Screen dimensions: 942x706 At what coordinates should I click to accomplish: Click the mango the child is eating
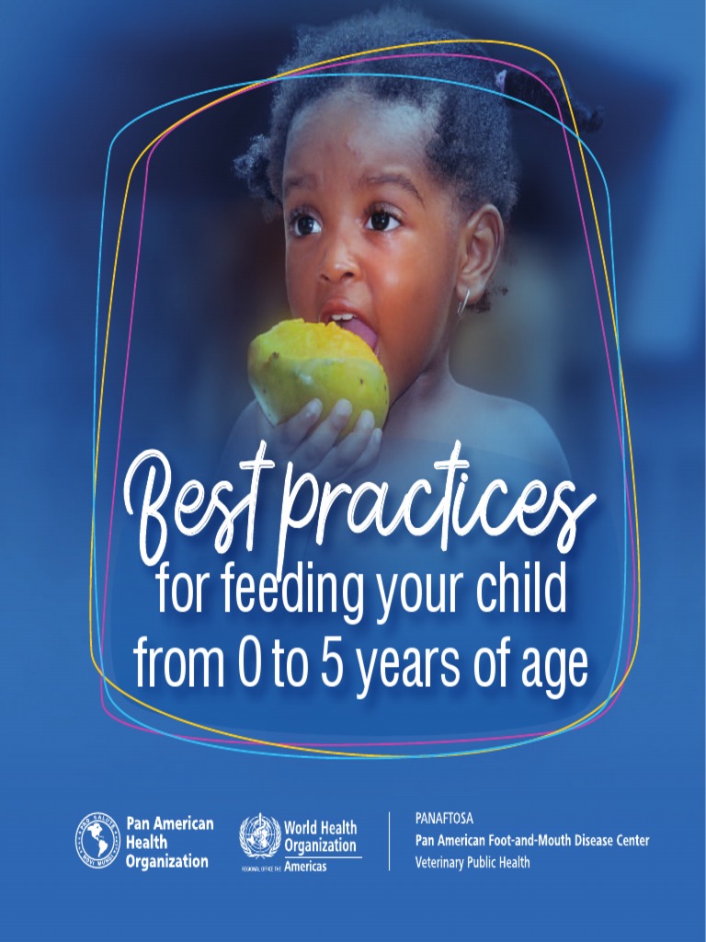[318, 369]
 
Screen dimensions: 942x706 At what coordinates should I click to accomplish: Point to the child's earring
[464, 300]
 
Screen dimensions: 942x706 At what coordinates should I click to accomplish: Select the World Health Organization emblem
[260, 836]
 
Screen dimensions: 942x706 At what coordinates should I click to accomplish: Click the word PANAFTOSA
[445, 818]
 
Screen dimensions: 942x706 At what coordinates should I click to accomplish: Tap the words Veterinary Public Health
[473, 862]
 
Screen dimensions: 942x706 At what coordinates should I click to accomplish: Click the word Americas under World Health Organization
[305, 867]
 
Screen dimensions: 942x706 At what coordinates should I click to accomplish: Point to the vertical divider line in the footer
[389, 841]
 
